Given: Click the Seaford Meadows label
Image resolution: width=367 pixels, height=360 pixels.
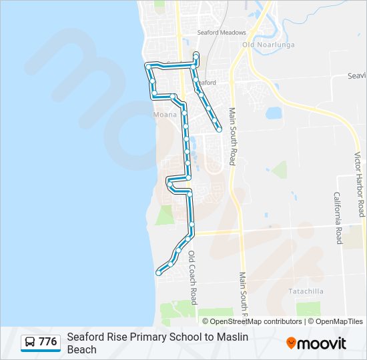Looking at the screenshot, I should click(x=222, y=33).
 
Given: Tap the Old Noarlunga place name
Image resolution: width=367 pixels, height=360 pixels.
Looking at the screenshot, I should click(x=258, y=45).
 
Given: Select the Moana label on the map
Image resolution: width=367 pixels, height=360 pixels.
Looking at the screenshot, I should click(x=165, y=115).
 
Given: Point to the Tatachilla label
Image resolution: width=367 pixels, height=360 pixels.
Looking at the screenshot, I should click(x=306, y=291).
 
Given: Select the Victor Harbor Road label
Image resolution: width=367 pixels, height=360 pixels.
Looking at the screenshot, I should click(x=358, y=184).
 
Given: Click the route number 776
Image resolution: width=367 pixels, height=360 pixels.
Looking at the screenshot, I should click(x=47, y=342).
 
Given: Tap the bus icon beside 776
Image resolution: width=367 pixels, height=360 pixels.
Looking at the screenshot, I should click(x=30, y=342).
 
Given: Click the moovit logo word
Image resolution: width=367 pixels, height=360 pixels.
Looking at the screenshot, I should click(x=322, y=343).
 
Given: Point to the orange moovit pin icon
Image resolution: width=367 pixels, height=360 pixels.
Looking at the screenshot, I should click(x=291, y=343).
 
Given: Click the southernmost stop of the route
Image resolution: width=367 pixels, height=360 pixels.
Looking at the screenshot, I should click(x=158, y=272).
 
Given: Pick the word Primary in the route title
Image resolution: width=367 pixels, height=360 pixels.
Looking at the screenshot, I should click(x=146, y=337).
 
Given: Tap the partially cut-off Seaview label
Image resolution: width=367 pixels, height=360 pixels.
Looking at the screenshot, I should click(x=356, y=76).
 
